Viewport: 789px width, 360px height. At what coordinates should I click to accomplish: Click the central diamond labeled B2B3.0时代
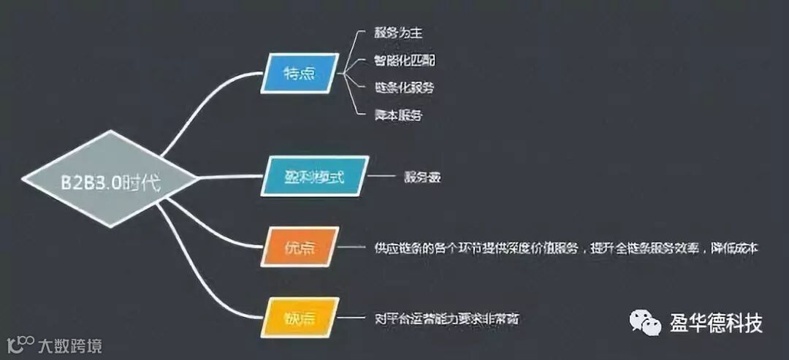pos(110,178)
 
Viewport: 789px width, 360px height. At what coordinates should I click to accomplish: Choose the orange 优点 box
pos(300,247)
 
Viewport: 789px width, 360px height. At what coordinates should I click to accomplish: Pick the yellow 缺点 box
pos(300,318)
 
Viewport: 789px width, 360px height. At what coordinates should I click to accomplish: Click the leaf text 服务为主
pos(397,34)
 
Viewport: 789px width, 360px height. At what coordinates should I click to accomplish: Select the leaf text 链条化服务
pos(403,88)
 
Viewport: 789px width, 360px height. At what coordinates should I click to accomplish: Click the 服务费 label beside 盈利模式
pos(421,177)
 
